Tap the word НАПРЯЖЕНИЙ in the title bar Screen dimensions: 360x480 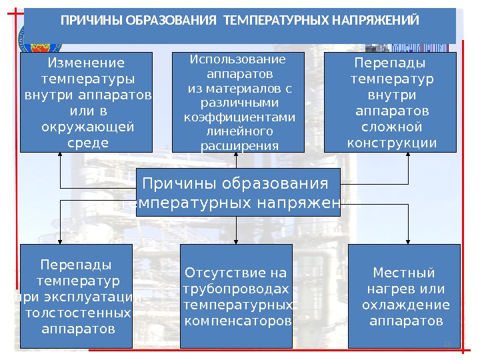click(381, 21)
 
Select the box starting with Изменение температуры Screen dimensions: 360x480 click(86, 102)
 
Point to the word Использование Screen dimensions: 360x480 click(237, 59)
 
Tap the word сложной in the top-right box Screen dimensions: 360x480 click(391, 126)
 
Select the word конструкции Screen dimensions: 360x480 click(392, 143)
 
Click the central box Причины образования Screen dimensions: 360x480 click(237, 192)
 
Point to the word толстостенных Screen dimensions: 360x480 click(77, 313)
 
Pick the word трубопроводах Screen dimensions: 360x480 click(236, 289)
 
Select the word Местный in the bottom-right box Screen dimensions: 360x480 click(403, 273)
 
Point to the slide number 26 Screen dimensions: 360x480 click(447, 343)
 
